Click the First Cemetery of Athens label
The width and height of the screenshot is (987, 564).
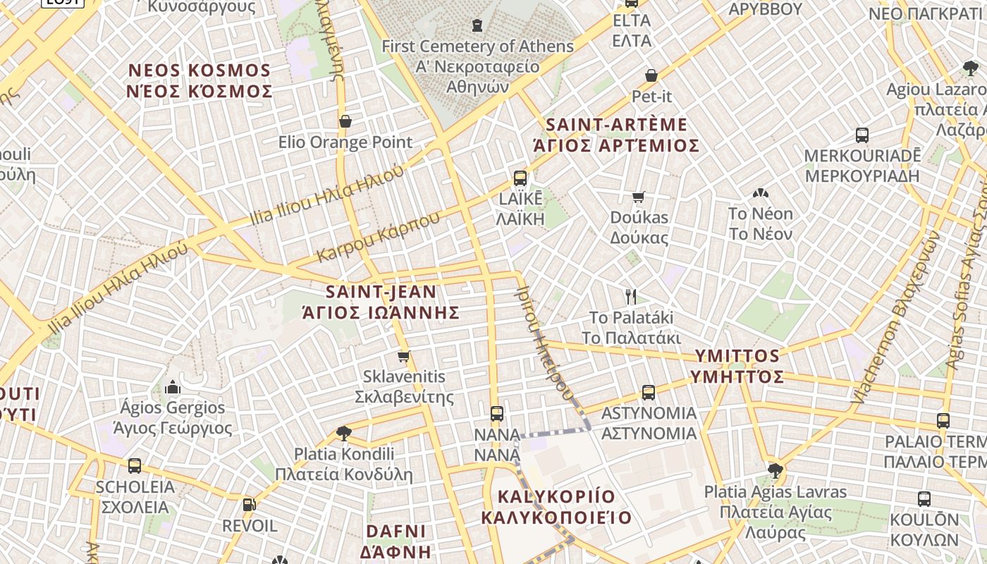(x=477, y=47)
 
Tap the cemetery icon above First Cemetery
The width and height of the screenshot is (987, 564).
(x=477, y=25)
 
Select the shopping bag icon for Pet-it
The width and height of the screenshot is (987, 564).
(x=651, y=75)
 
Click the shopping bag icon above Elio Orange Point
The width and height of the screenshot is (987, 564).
(x=345, y=121)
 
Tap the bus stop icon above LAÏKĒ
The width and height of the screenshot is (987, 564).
(x=520, y=178)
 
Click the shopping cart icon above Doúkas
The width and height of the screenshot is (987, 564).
(x=639, y=197)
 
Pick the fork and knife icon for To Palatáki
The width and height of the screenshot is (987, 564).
(x=631, y=296)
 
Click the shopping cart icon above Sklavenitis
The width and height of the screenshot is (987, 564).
(x=403, y=356)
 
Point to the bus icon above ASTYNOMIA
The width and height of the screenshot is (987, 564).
(x=649, y=393)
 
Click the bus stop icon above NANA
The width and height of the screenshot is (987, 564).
(x=497, y=414)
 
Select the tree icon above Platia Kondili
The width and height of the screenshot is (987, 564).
(x=344, y=433)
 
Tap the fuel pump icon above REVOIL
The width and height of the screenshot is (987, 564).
(x=249, y=505)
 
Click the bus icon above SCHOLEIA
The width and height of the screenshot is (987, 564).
(x=135, y=466)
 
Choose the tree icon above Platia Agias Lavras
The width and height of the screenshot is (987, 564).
(x=775, y=470)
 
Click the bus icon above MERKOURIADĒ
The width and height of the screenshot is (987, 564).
(x=862, y=135)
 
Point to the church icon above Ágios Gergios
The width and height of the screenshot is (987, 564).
(x=172, y=387)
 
